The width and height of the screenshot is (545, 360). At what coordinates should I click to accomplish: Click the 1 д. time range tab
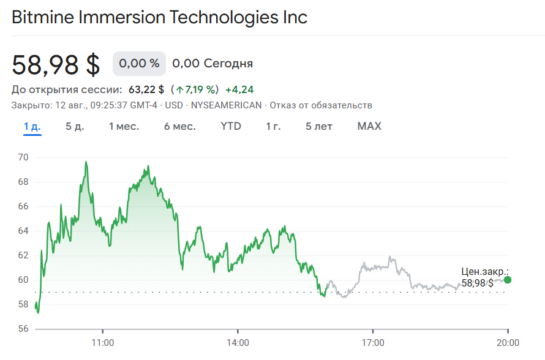click(x=32, y=127)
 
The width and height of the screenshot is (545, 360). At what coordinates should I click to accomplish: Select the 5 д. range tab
click(x=75, y=127)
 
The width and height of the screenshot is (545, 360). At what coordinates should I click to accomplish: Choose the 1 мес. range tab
click(x=124, y=127)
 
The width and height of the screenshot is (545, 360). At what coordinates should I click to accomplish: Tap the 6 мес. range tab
click(x=179, y=127)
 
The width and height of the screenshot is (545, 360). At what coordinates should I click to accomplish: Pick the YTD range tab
click(x=231, y=127)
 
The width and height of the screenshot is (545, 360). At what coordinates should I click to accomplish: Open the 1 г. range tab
click(x=273, y=127)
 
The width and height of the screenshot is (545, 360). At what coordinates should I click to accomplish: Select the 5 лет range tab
click(x=319, y=127)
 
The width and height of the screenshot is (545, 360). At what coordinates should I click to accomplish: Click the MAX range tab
click(x=369, y=127)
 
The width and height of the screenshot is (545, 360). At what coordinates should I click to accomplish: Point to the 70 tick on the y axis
click(x=23, y=157)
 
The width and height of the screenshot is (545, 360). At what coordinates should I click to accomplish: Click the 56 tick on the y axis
click(x=23, y=329)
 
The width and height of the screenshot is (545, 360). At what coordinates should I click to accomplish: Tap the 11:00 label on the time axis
click(x=103, y=343)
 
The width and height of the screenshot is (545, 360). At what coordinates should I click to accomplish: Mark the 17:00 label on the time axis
click(x=373, y=343)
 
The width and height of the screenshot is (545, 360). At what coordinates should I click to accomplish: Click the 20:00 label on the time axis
click(x=508, y=343)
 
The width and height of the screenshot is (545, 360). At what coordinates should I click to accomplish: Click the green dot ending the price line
click(x=508, y=280)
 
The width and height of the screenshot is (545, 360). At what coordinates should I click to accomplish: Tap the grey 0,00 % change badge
click(x=139, y=64)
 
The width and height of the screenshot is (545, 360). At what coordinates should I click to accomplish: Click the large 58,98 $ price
click(x=56, y=65)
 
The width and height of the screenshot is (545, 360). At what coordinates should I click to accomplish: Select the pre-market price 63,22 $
click(x=146, y=90)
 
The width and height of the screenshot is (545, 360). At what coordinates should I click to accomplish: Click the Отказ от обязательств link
click(x=321, y=105)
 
